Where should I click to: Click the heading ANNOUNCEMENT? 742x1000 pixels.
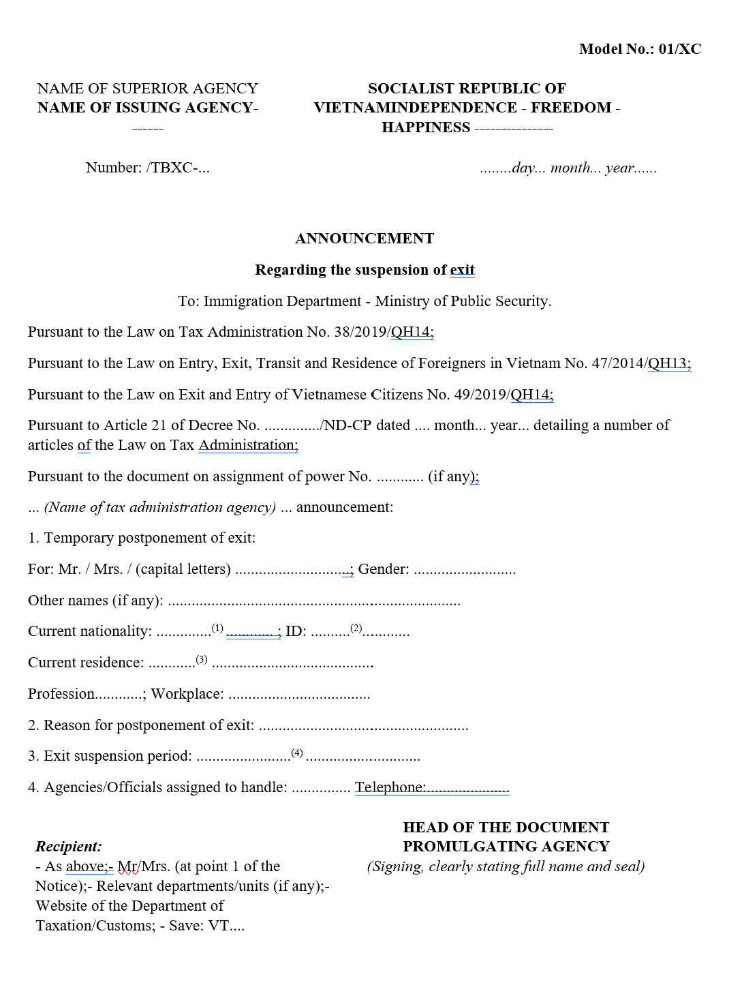365,239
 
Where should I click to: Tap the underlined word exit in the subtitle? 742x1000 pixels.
462,270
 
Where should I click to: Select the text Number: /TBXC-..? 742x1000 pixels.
147,168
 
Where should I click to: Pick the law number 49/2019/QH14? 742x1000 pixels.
504,395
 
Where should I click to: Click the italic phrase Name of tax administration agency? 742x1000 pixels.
160,507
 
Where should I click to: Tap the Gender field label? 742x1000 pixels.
383,569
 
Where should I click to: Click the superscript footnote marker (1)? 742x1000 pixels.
217,628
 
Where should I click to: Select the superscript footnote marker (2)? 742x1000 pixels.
356,628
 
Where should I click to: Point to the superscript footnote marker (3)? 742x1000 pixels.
202,659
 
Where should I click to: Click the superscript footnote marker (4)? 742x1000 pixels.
297,753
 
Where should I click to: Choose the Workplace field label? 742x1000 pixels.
187,694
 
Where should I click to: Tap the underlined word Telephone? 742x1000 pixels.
390,787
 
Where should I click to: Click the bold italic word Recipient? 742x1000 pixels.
69,847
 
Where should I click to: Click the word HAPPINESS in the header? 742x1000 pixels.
426,127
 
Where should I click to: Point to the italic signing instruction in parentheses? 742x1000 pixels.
506,866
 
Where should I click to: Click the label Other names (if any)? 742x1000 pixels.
95,601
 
